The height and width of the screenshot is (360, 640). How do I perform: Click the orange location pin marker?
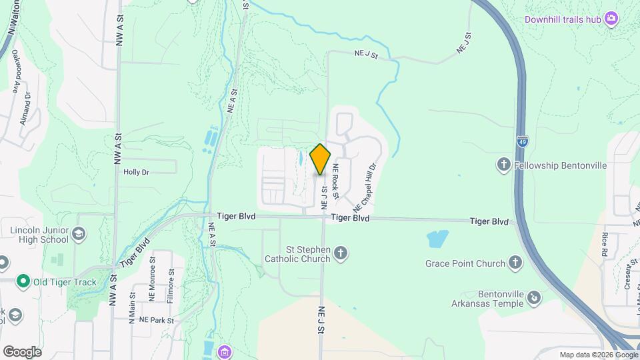pos(321,159)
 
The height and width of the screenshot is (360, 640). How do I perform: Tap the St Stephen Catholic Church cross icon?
pos(341,253)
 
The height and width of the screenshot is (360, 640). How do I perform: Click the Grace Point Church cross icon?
pos(515,263)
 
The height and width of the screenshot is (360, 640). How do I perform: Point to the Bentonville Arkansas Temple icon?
pos(534,297)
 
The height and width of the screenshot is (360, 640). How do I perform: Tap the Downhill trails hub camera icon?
pos(610,19)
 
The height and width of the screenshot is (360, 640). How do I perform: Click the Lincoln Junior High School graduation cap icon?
pos(79,233)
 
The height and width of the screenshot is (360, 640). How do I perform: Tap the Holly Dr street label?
pos(136,171)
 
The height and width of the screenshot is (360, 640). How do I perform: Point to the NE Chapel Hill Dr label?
pos(366,185)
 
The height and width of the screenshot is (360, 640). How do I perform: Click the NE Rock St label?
pos(336,181)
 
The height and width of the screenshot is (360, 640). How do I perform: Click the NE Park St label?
pos(156,321)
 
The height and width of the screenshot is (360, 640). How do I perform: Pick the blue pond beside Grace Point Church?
pos(437,238)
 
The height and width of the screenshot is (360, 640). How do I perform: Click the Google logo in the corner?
pos(22,352)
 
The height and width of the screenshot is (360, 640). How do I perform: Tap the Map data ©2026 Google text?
pos(597,355)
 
